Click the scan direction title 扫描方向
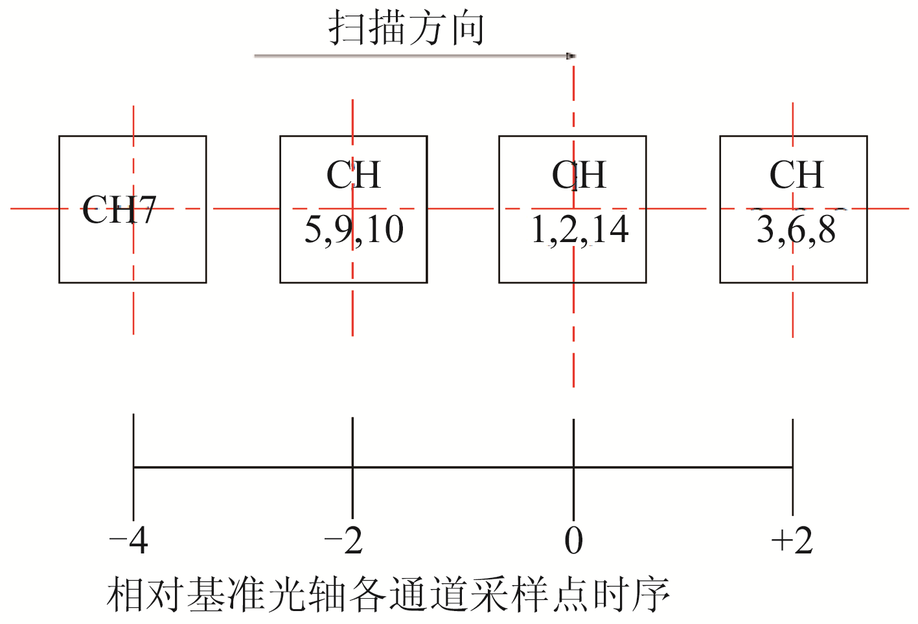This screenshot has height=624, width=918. (x=406, y=28)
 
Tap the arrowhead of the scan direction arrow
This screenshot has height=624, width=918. (x=570, y=56)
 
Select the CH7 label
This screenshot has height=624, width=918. (x=119, y=210)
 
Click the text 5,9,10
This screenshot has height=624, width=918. (x=354, y=230)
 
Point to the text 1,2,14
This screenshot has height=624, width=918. (x=579, y=230)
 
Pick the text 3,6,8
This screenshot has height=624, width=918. (x=796, y=230)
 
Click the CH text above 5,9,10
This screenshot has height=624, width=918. (x=353, y=175)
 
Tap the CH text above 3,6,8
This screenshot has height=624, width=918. (x=796, y=175)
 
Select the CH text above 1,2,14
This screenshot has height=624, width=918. (x=579, y=175)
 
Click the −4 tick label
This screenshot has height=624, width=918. (x=129, y=540)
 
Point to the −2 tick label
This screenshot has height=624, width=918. (x=343, y=540)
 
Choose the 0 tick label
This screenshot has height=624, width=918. (x=573, y=540)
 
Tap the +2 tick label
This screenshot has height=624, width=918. (x=792, y=540)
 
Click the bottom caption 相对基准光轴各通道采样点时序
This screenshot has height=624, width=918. (x=387, y=594)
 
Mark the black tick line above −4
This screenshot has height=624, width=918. (x=133, y=440)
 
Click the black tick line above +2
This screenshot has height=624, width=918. (x=792, y=440)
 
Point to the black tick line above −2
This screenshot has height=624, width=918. (x=352, y=440)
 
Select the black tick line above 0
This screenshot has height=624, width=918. (x=573, y=440)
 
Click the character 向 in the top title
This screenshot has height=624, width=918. (x=468, y=28)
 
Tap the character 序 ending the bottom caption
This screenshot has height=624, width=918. (x=651, y=594)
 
